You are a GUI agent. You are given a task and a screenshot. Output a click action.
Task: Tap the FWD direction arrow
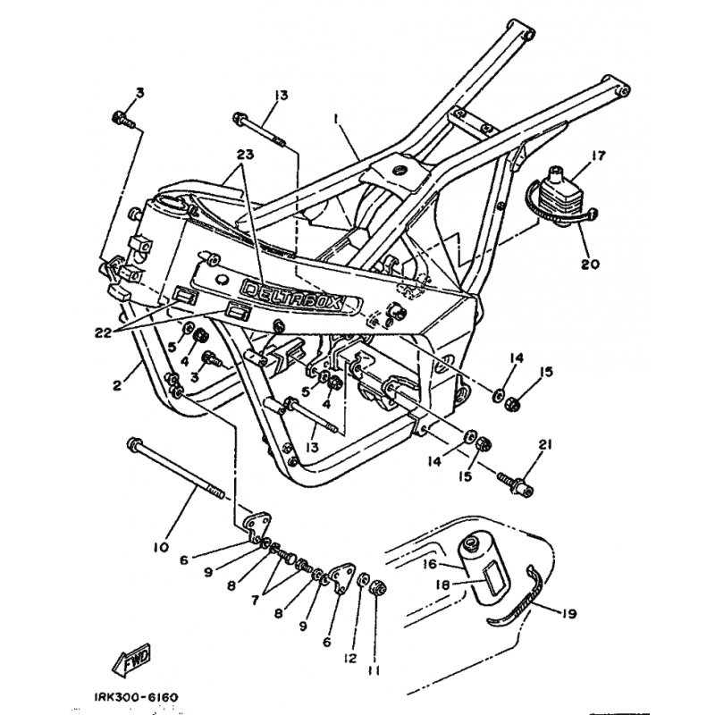[x=132, y=658]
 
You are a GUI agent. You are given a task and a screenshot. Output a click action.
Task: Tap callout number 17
[x=573, y=156]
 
